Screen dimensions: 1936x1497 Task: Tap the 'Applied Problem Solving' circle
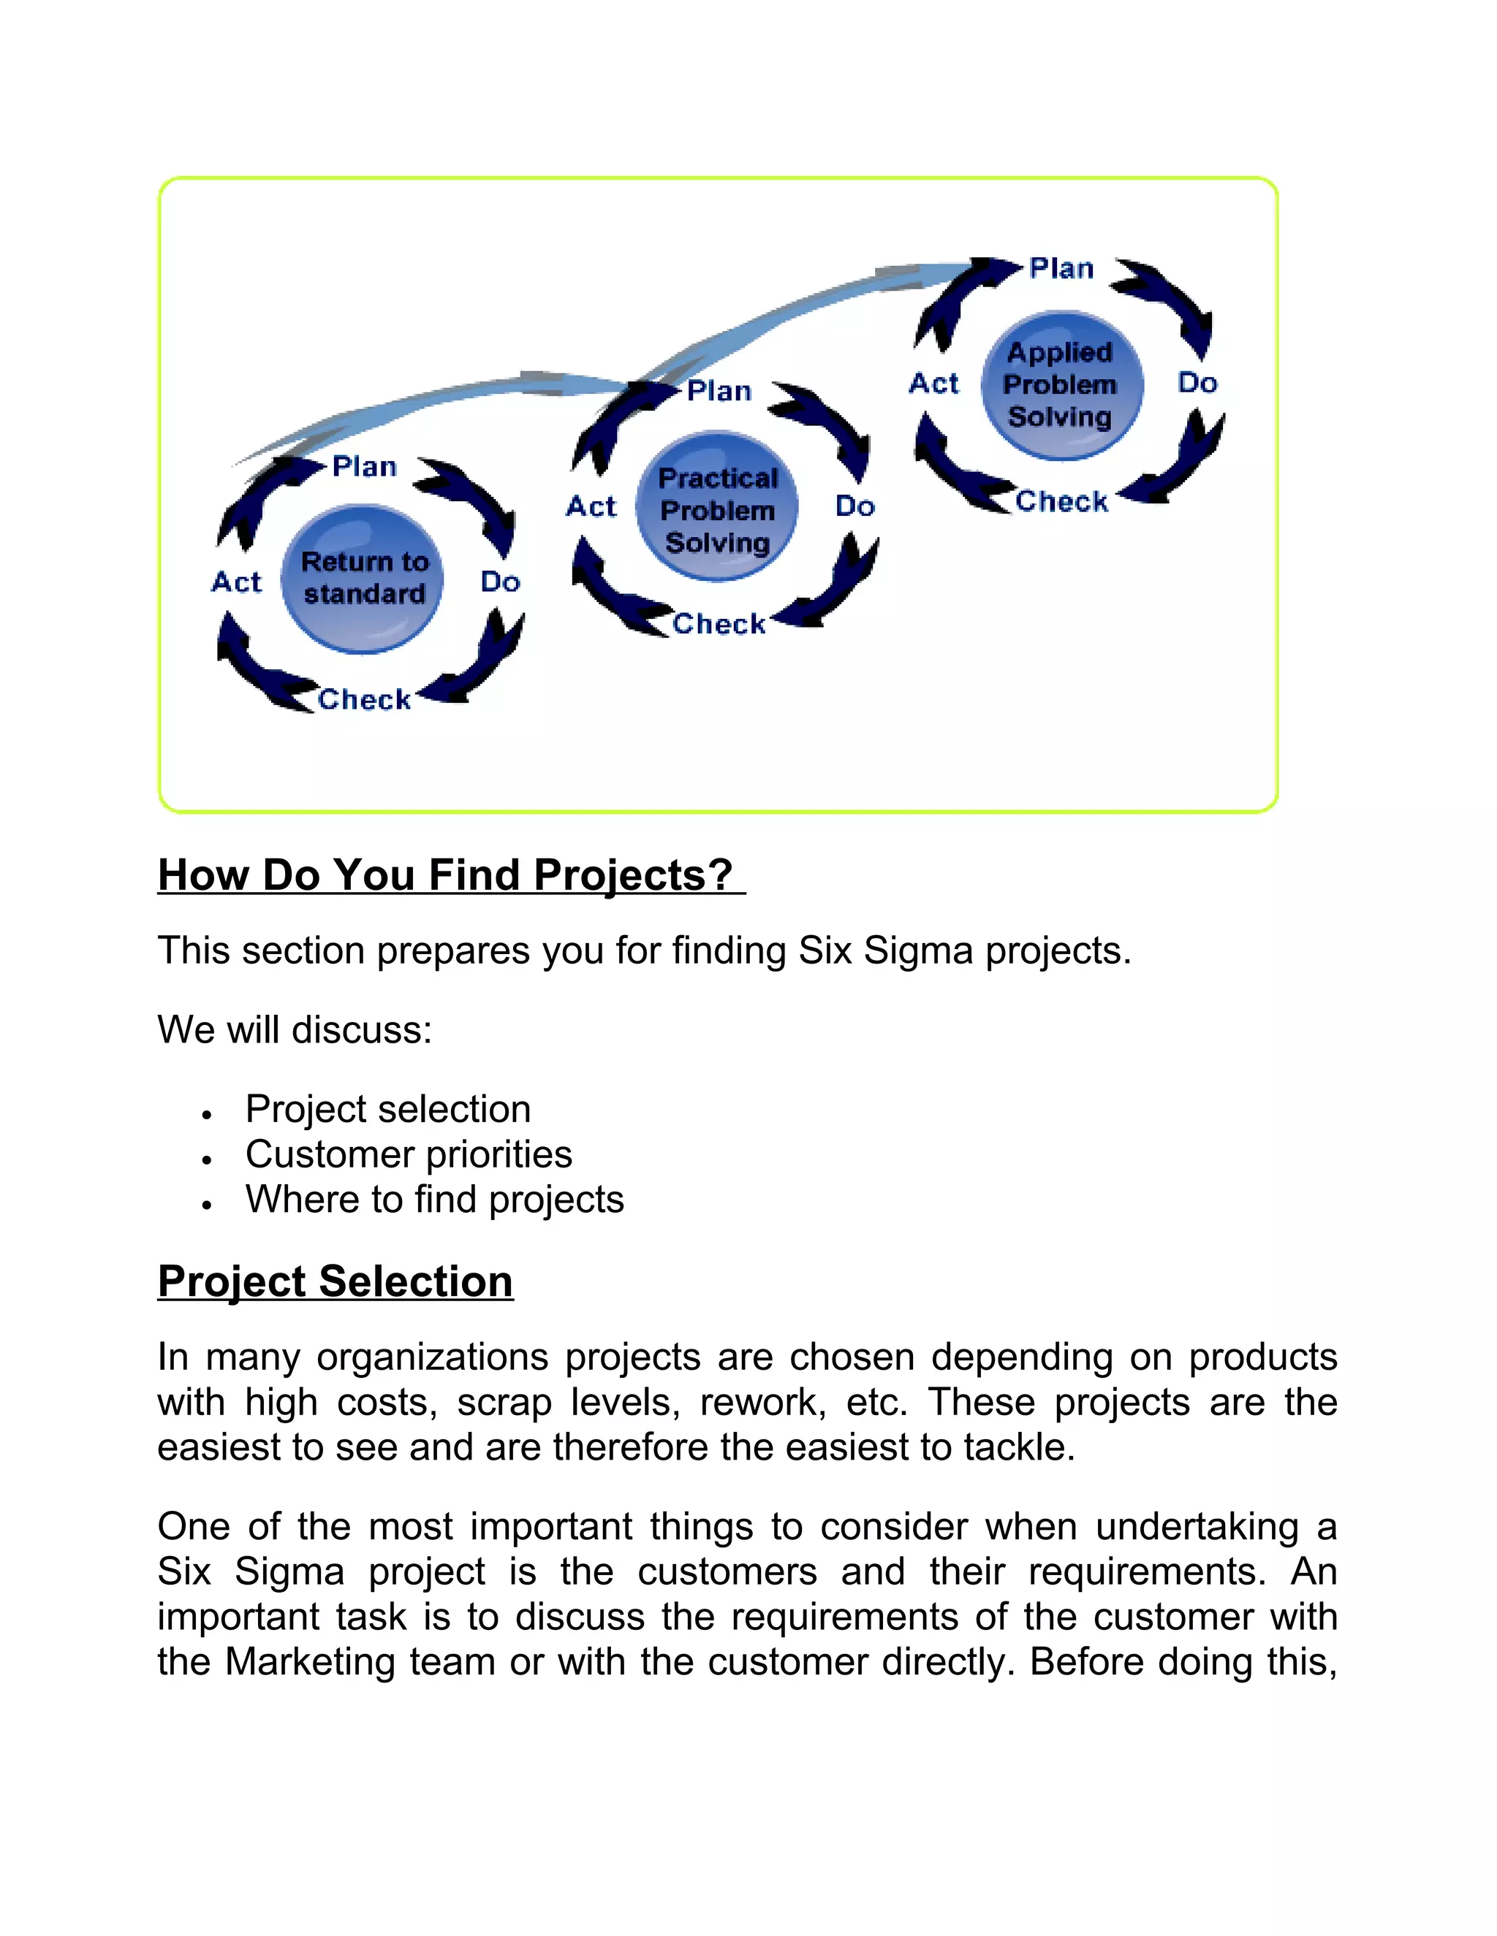coord(1060,385)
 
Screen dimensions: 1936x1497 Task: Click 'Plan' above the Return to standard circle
coord(365,466)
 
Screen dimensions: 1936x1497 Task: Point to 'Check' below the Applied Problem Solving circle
coord(1061,501)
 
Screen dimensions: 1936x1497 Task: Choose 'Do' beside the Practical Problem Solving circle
coord(855,506)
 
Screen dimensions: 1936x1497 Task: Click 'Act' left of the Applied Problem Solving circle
coord(934,384)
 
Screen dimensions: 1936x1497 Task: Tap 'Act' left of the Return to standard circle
coord(237,582)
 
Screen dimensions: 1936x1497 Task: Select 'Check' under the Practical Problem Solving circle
coord(719,624)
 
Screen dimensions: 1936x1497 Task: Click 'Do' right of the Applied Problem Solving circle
coord(1197,383)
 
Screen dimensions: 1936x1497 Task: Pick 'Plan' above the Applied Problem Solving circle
coord(1061,269)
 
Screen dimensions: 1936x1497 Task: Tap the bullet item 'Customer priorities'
coord(409,1154)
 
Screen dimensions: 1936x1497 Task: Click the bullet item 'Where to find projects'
coord(435,1200)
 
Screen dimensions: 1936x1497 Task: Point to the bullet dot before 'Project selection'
coord(205,1114)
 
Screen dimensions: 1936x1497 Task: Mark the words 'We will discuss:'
coord(295,1030)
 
